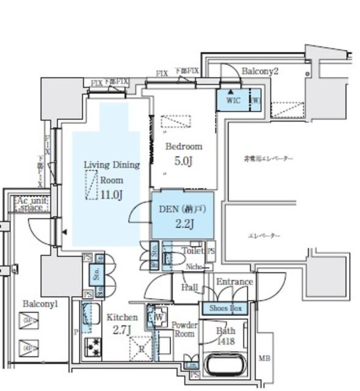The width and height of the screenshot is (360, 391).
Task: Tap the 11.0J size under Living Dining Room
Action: tap(112, 195)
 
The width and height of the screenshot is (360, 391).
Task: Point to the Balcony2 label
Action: tap(260, 71)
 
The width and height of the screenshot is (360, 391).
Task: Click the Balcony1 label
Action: tap(40, 304)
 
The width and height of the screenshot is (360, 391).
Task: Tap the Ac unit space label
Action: tap(31, 204)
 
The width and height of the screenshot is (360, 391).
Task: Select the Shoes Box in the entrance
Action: tap(226, 309)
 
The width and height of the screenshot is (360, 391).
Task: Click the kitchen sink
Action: tap(92, 316)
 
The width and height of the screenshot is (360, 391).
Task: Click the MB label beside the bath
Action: tap(264, 358)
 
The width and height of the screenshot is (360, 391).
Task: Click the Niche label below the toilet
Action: tap(194, 266)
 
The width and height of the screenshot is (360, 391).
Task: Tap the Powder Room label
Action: tap(183, 329)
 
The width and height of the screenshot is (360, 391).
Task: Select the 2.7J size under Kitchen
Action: tap(121, 331)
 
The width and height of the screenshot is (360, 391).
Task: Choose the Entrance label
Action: tap(234, 282)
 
